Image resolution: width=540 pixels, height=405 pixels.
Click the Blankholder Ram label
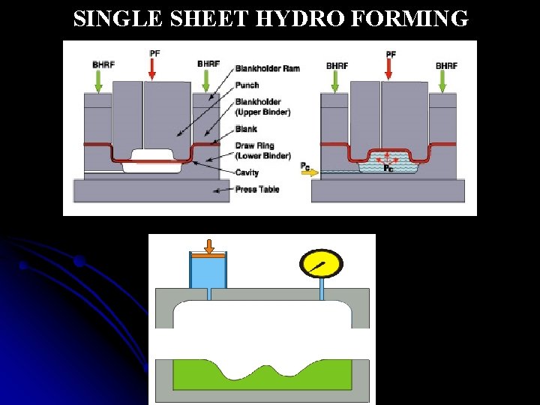tap(268, 68)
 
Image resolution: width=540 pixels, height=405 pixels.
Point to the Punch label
tap(247, 85)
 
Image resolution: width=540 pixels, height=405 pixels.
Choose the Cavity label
tap(247, 172)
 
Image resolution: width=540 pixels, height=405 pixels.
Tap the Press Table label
tap(257, 189)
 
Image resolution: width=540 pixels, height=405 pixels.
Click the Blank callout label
tap(246, 129)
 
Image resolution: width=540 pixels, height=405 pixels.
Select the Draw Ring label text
tap(255, 145)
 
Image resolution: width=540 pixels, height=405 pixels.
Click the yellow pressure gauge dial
tap(321, 263)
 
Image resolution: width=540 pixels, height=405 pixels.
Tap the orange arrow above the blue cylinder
tap(209, 245)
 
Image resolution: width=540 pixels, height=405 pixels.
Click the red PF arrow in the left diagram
tap(154, 70)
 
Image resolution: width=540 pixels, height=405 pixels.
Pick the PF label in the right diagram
tap(391, 54)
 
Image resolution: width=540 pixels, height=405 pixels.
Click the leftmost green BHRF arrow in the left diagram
tap(99, 82)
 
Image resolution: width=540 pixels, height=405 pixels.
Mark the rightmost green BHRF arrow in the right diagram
tap(442, 82)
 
